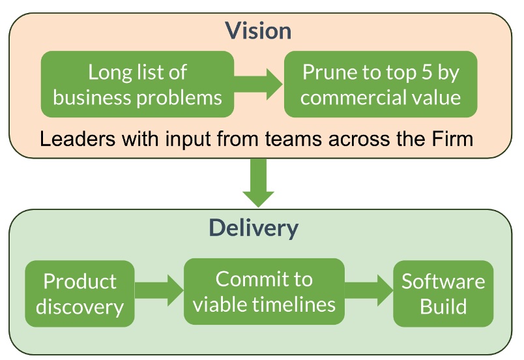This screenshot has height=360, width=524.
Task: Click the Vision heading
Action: tap(258, 31)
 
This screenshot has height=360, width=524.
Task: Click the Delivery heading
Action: tap(254, 228)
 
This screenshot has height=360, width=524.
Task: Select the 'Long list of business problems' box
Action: tap(138, 84)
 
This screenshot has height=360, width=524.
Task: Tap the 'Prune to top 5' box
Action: tap(381, 84)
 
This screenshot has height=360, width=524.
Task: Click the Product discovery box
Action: tap(80, 294)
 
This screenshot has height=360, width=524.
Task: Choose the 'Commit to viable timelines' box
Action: tap(264, 292)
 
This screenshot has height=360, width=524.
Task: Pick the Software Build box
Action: tap(443, 294)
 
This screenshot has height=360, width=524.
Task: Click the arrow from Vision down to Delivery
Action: tap(258, 183)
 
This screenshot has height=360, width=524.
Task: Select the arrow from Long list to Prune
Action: tap(259, 84)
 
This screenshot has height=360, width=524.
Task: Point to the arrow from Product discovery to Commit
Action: tap(159, 290)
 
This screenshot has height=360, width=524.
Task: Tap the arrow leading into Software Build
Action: tap(369, 290)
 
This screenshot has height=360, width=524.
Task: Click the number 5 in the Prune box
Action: tap(427, 72)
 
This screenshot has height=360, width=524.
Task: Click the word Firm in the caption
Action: tap(452, 139)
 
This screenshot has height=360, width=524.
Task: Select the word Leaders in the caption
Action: tap(78, 139)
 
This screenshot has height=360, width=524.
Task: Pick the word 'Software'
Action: tap(443, 282)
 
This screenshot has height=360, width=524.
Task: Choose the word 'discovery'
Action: tap(80, 307)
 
